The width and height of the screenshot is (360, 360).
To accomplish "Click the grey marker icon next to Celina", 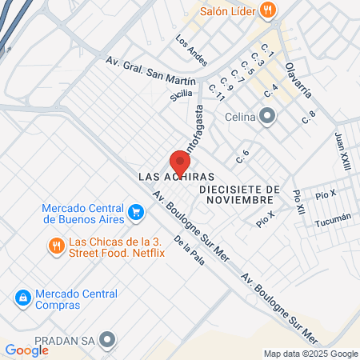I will (268, 118).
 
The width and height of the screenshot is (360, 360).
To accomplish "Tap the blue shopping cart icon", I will (136, 212).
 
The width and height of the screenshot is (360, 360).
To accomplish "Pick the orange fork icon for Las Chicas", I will (55, 246).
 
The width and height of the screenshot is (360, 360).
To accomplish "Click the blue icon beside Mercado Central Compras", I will (22, 298).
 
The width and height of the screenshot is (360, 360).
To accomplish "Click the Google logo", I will (26, 350).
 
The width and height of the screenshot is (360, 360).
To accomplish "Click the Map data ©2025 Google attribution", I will (311, 354).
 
